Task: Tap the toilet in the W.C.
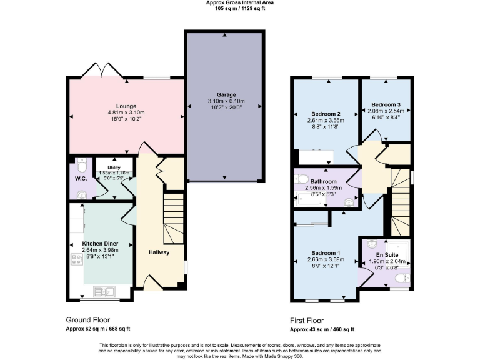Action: tap(81, 166)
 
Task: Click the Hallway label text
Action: tap(160, 252)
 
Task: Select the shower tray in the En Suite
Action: tap(397, 250)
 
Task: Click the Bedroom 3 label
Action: tap(386, 104)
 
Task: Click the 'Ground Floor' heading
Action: tap(88, 319)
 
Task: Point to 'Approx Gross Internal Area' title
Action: tap(240, 2)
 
